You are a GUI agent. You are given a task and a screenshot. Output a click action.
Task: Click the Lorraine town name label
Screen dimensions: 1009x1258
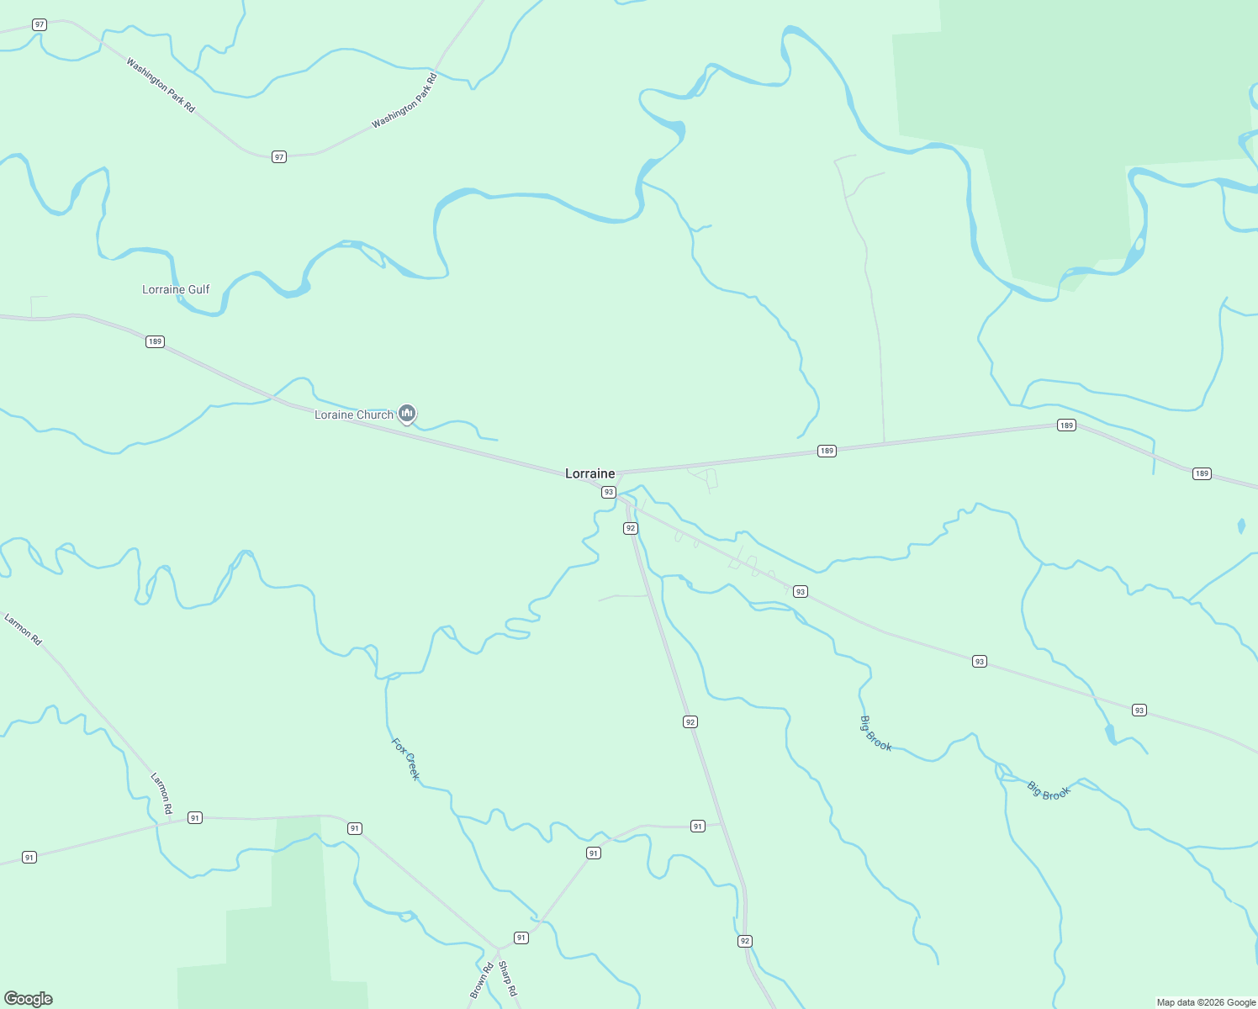pos(589,474)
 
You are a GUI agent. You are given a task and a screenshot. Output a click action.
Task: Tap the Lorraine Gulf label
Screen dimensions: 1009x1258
pos(176,290)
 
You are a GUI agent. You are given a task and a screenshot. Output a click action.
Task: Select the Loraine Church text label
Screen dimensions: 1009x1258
pos(354,415)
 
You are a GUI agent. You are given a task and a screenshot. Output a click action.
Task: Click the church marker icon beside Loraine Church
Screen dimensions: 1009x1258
pos(407,413)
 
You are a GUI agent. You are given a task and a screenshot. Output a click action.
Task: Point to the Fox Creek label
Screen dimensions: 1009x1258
pos(405,758)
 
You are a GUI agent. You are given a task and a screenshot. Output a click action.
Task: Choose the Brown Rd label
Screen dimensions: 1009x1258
pos(482,980)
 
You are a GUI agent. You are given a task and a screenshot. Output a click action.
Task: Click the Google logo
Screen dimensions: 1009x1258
pos(29,999)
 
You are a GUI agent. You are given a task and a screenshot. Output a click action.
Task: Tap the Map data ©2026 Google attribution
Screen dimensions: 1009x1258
pos(1206,1002)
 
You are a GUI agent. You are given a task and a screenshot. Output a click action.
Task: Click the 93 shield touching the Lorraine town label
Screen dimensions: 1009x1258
pos(609,492)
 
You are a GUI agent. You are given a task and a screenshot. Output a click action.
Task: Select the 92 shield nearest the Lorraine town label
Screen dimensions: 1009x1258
pos(631,528)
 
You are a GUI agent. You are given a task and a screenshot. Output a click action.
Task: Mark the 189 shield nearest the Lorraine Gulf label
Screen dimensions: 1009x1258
pos(155,341)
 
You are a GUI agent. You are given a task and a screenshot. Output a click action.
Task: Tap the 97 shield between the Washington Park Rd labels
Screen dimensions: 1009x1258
pos(279,157)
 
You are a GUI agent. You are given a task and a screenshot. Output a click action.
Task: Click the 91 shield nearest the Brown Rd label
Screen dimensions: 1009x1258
pos(521,938)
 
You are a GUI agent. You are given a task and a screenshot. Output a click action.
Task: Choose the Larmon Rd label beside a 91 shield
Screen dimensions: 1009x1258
pos(161,793)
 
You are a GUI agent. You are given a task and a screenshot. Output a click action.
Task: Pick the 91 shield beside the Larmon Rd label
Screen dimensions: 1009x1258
pos(195,817)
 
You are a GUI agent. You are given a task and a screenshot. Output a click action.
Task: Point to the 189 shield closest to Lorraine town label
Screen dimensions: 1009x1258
pos(827,452)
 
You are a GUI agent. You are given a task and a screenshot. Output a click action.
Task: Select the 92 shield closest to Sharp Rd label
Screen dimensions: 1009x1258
pos(745,941)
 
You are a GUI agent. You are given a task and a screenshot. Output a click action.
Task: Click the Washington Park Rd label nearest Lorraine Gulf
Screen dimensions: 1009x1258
pos(161,85)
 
